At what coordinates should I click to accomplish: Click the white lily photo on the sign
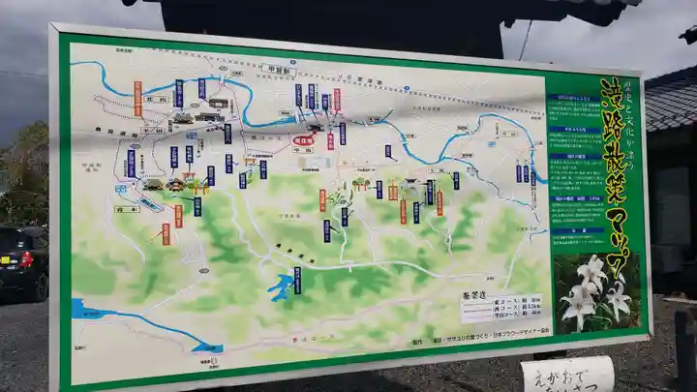pyautogui.click(x=596, y=290)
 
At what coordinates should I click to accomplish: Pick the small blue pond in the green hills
pyautogui.click(x=285, y=286)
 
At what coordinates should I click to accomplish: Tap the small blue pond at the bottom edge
pyautogui.click(x=207, y=347)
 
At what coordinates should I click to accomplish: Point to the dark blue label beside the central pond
pyautogui.click(x=297, y=279)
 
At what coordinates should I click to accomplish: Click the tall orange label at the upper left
pyautogui.click(x=137, y=98)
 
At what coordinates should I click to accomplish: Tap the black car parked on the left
pyautogui.click(x=21, y=261)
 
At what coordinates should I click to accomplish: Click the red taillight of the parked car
pyautogui.click(x=25, y=258)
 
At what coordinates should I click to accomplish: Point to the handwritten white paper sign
pyautogui.click(x=568, y=374)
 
